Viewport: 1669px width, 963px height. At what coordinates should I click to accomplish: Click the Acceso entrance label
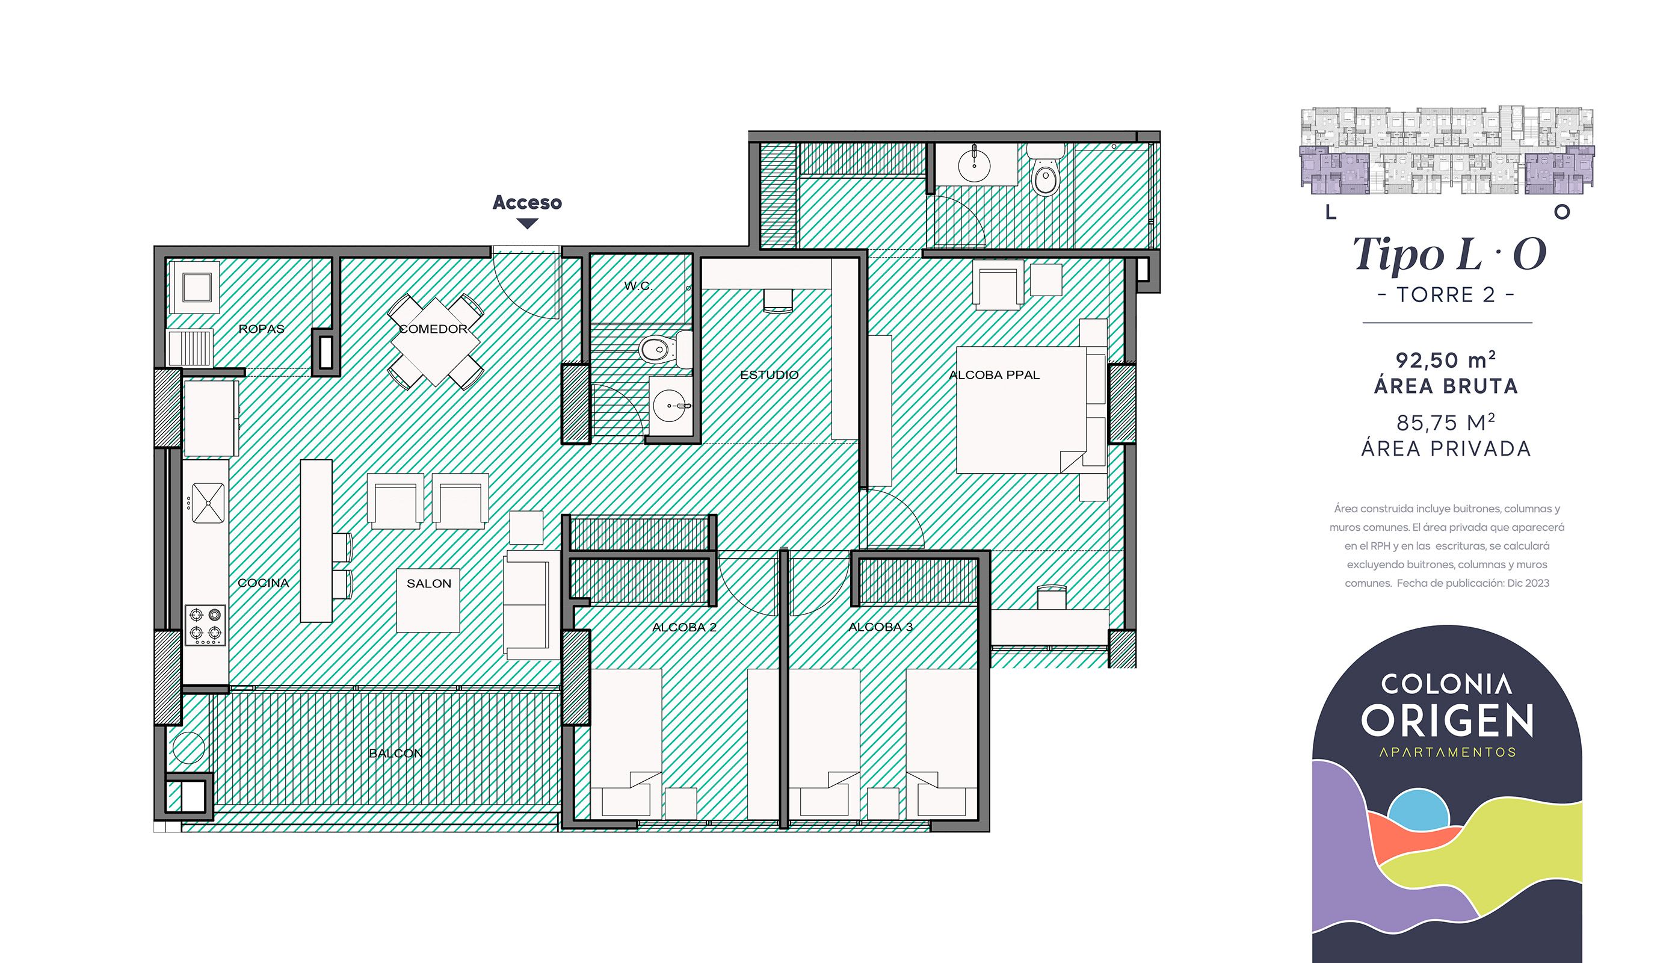(527, 202)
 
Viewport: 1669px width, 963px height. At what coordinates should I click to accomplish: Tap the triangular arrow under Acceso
(527, 223)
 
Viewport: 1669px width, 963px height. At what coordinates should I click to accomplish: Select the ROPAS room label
(261, 329)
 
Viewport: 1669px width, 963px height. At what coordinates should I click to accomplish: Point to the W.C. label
(638, 286)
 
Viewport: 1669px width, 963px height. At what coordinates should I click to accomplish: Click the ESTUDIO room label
(769, 375)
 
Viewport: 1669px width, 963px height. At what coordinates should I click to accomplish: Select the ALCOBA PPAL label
(993, 375)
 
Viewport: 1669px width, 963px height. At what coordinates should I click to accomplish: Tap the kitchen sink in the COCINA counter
(208, 503)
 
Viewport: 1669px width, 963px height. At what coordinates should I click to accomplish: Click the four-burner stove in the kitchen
(205, 625)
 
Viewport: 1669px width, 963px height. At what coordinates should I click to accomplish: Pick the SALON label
(428, 583)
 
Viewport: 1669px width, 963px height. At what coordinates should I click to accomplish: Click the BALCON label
(395, 753)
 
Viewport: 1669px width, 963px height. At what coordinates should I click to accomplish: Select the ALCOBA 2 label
(683, 627)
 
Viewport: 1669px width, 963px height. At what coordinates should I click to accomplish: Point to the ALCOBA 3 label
(880, 627)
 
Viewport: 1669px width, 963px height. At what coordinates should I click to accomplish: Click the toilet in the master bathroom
(1044, 175)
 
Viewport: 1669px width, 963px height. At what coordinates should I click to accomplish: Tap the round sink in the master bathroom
(974, 161)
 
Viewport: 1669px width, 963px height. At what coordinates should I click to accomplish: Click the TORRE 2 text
(1446, 294)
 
